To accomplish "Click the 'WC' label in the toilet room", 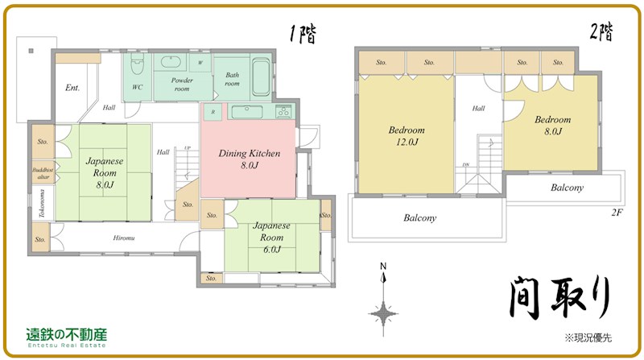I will pyautogui.click(x=137, y=87).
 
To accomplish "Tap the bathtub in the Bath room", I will pyautogui.click(x=260, y=77).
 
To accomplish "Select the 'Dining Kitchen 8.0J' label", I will pyautogui.click(x=250, y=159).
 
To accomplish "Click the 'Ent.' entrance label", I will pyautogui.click(x=72, y=88).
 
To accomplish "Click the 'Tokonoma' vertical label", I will pyautogui.click(x=42, y=205).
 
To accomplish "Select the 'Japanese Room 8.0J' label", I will pyautogui.click(x=105, y=172).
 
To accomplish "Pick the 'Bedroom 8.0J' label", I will pyautogui.click(x=552, y=126).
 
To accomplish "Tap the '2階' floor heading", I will pyautogui.click(x=600, y=32).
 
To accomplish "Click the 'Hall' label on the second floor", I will pyautogui.click(x=478, y=109).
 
